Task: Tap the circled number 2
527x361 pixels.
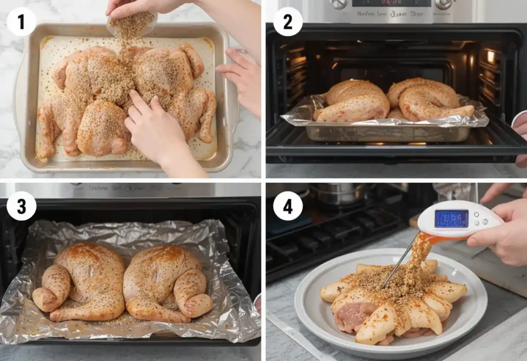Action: coord(288,22)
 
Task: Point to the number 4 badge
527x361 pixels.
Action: coord(288,206)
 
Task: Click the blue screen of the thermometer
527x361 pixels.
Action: coord(451,218)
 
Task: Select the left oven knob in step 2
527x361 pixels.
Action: coord(339,4)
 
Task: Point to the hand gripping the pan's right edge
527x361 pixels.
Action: coord(243,77)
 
